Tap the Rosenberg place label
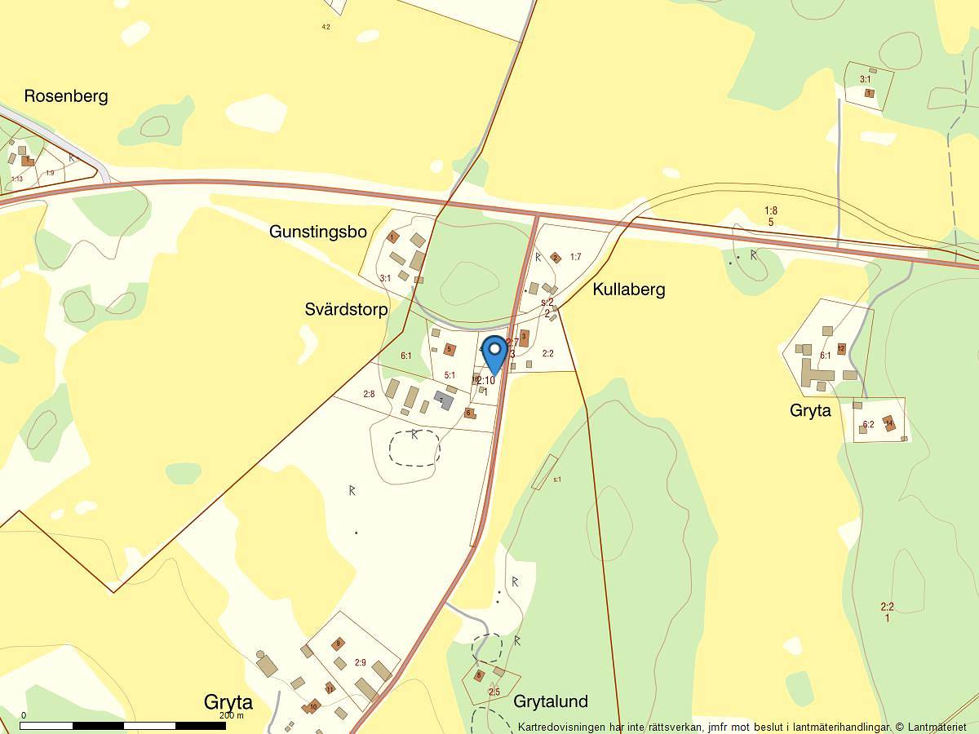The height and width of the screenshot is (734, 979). pyautogui.click(x=66, y=96)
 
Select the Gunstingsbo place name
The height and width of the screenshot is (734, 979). pyautogui.click(x=318, y=232)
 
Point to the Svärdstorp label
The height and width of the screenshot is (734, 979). pyautogui.click(x=346, y=309)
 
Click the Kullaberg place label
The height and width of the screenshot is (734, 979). pyautogui.click(x=629, y=290)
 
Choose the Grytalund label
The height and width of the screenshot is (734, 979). pyautogui.click(x=551, y=701)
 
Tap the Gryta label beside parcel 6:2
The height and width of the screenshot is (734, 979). pyautogui.click(x=810, y=410)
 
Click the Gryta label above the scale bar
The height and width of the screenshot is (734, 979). pyautogui.click(x=228, y=703)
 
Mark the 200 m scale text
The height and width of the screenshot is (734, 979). pyautogui.click(x=232, y=715)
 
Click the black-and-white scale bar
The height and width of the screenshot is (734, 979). pyautogui.click(x=123, y=725)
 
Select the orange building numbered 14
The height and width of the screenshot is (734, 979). pyautogui.click(x=889, y=423)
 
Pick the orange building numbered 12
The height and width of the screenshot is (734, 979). pyautogui.click(x=841, y=349)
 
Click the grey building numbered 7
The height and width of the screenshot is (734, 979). pyautogui.click(x=444, y=400)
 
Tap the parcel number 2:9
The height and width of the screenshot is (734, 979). pyautogui.click(x=361, y=662)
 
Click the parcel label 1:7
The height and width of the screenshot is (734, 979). pyautogui.click(x=575, y=257)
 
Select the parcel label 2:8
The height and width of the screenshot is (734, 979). pyautogui.click(x=369, y=395)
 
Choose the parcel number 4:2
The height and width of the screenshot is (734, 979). pyautogui.click(x=326, y=27)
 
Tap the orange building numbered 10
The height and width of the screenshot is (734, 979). pyautogui.click(x=312, y=706)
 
